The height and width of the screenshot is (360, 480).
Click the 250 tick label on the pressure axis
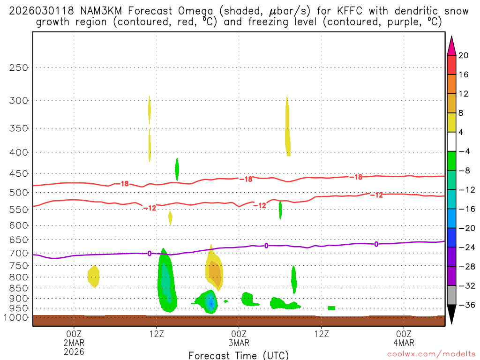tap(19, 67)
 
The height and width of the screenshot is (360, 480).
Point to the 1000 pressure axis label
tap(17, 317)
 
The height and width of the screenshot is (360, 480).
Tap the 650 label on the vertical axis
tap(19, 240)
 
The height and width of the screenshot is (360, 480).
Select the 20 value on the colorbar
tap(464, 55)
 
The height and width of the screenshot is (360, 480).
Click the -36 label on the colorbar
tap(466, 305)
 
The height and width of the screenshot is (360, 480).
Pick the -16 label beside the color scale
tap(466, 209)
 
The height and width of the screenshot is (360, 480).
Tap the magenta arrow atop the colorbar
tap(452, 46)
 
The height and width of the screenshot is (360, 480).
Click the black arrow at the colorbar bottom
tap(452, 315)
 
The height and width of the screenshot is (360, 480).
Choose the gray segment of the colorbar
tap(452, 295)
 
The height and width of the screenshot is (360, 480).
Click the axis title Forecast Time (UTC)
tap(239, 355)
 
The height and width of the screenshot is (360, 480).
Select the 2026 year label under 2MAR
tap(74, 351)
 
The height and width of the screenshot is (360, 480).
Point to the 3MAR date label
tap(239, 342)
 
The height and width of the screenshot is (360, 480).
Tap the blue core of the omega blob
tap(211, 302)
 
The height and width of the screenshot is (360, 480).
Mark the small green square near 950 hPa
tap(331, 308)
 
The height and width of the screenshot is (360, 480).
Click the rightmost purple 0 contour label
tap(376, 244)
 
